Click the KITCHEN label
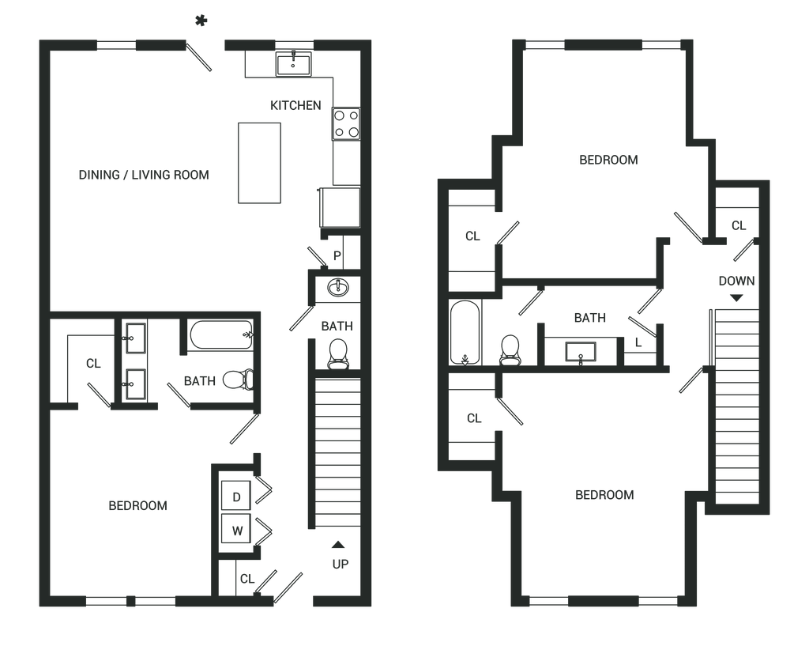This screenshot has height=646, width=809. coord(296,106)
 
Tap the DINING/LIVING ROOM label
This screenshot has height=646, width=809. coord(145,174)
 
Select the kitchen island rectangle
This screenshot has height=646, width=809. coord(260,163)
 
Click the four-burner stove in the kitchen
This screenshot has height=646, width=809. coord(346,124)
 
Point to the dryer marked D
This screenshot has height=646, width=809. coord(237,497)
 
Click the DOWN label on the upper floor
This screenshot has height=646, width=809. coord(736,281)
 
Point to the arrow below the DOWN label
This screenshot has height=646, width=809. coord(736,299)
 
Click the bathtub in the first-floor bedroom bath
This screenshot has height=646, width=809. coord(220,335)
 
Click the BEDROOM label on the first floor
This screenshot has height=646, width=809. coord(139,505)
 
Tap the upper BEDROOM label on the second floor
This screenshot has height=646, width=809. coord(608,161)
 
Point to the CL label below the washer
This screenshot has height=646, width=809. coord(246,579)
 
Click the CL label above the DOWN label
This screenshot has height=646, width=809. coord(739,226)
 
